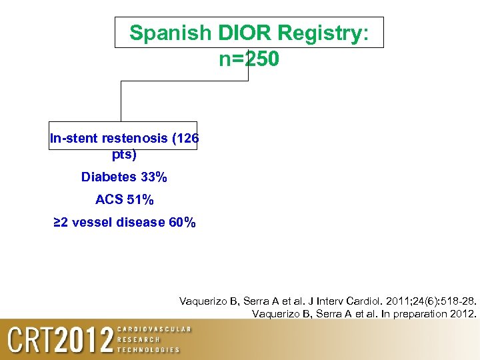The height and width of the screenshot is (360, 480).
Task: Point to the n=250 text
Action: click(249, 59)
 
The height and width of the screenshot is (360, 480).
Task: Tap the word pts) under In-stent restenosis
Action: click(124, 155)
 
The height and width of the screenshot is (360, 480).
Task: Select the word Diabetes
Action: click(109, 177)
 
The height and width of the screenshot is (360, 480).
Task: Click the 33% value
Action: click(154, 177)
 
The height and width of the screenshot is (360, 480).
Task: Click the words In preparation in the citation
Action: click(402, 313)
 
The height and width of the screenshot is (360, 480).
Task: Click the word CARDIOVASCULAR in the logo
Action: click(154, 329)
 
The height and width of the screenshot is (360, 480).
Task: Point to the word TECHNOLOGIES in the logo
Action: click(149, 350)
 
